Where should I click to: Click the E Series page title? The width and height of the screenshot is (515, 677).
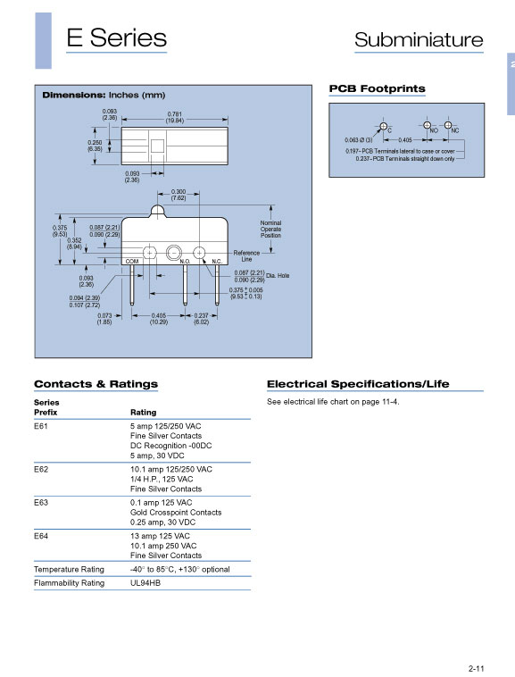(116, 38)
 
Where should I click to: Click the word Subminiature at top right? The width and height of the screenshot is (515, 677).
(419, 39)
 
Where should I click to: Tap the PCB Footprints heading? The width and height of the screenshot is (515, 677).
(377, 88)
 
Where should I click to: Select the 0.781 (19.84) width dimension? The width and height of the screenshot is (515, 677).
(175, 117)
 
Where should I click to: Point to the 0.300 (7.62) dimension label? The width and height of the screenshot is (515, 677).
(179, 195)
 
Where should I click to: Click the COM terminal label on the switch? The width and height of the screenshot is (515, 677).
(132, 261)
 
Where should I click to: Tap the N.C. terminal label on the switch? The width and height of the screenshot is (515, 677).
(217, 261)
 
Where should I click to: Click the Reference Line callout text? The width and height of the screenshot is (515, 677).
(246, 255)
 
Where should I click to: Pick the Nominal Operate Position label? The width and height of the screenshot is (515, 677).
(270, 229)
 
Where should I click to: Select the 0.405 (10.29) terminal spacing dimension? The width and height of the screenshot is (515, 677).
(159, 319)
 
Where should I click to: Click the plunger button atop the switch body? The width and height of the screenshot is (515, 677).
(157, 211)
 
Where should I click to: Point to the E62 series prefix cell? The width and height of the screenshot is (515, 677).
(41, 469)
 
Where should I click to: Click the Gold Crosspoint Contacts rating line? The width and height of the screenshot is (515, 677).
(176, 513)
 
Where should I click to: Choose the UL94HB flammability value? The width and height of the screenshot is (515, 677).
(145, 583)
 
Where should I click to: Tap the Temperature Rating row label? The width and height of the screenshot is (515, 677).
(69, 570)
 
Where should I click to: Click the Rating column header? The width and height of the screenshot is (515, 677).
(143, 413)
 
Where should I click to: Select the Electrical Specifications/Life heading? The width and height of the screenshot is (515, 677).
(358, 384)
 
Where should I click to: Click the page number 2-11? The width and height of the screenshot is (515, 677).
(477, 668)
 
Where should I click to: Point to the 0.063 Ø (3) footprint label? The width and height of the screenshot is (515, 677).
(359, 140)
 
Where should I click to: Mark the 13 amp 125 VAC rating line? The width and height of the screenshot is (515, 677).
(160, 536)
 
